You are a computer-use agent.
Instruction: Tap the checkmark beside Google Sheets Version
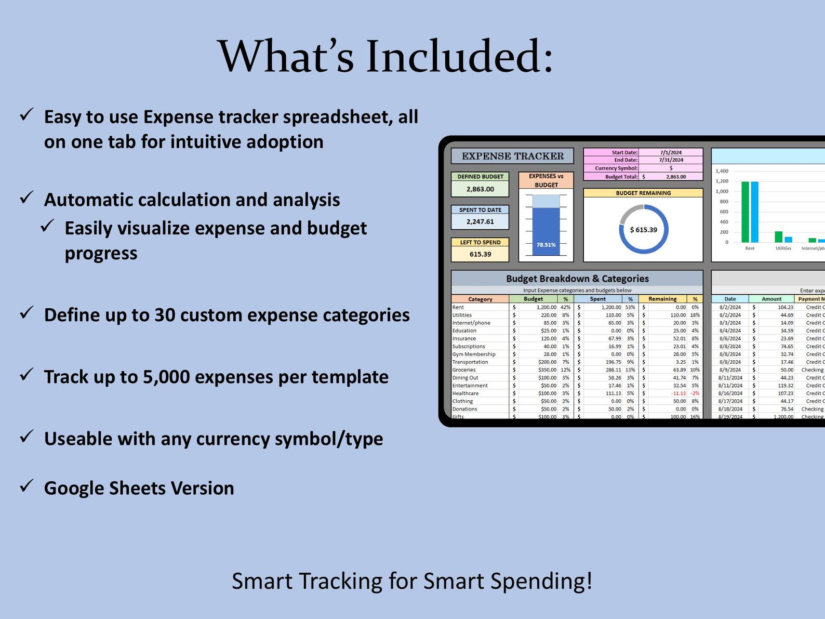(x=26, y=486)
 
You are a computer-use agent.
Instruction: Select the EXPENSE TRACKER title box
(x=512, y=156)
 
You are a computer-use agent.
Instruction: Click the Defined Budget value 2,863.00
(x=480, y=189)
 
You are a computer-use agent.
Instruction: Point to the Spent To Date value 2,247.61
(x=480, y=221)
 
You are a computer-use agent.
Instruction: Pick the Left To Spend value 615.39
(x=480, y=254)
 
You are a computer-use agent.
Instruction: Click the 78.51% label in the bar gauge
(x=546, y=245)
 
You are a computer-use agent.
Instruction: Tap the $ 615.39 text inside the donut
(x=643, y=230)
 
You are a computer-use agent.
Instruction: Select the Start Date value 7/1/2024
(x=671, y=153)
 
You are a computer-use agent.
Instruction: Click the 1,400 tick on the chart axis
(x=722, y=171)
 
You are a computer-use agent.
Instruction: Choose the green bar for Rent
(x=745, y=212)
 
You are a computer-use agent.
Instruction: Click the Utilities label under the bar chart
(x=783, y=248)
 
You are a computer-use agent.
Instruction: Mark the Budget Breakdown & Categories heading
(x=577, y=279)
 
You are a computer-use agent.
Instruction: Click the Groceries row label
(x=464, y=370)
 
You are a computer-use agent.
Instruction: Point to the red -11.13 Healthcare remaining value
(x=678, y=393)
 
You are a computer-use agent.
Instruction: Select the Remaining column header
(x=662, y=299)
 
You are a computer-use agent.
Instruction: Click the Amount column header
(x=771, y=299)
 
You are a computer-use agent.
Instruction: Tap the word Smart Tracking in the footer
(x=307, y=581)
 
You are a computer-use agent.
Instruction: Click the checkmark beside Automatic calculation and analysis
(x=26, y=197)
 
